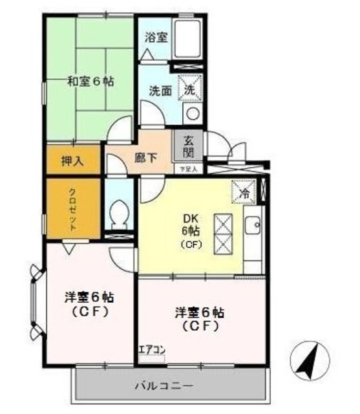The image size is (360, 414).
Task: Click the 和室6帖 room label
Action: [x=91, y=82]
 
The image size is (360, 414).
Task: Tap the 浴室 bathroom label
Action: [x=156, y=37]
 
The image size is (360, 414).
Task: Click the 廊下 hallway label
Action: [x=146, y=157]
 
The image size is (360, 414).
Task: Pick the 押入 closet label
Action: [x=72, y=160]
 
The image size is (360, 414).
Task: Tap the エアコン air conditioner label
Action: [x=152, y=351]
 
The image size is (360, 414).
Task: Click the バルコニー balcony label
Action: [x=164, y=386]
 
